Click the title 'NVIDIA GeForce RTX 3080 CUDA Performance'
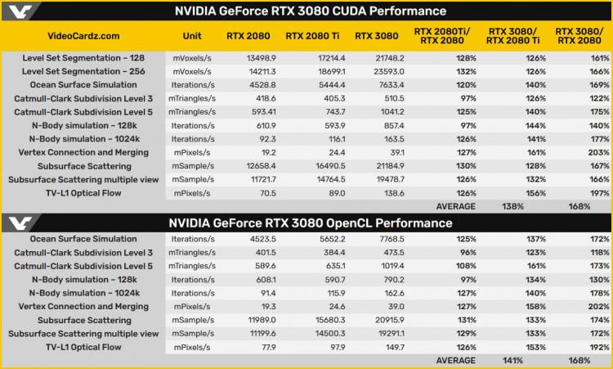pos(311,11)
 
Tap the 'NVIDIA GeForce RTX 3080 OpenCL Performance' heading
pos(311,223)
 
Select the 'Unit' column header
pos(193,36)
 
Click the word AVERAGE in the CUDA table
pos(454,206)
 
